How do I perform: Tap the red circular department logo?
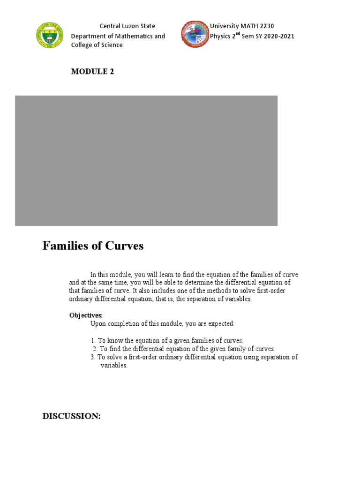195,34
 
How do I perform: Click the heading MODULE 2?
92,71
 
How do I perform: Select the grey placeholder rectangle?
146,160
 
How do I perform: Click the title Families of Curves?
93,246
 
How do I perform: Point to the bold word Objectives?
86,315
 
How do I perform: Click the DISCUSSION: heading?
72,416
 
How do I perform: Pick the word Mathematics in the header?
132,36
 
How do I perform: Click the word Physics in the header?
222,36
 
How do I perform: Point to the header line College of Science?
97,45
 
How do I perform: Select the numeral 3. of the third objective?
93,357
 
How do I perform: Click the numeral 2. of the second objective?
95,349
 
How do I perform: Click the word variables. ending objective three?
114,366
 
